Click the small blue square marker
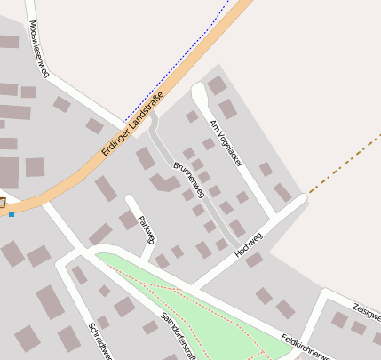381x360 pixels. [12, 213]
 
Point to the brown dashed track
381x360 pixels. [346, 164]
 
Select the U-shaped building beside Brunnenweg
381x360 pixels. [163, 182]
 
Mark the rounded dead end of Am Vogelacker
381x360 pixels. [198, 91]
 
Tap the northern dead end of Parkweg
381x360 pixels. [131, 199]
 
